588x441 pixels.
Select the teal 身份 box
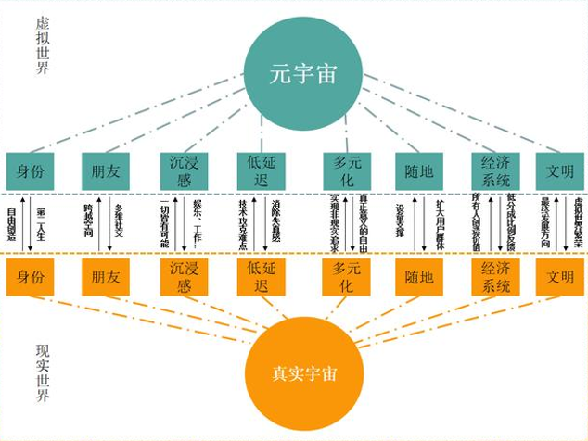30,170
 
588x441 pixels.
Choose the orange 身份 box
30,276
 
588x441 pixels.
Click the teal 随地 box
414,170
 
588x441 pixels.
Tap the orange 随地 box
414,276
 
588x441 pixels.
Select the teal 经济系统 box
490,170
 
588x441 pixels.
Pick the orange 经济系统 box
490,276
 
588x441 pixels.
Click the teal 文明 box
560,170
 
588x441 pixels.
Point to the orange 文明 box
560,276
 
